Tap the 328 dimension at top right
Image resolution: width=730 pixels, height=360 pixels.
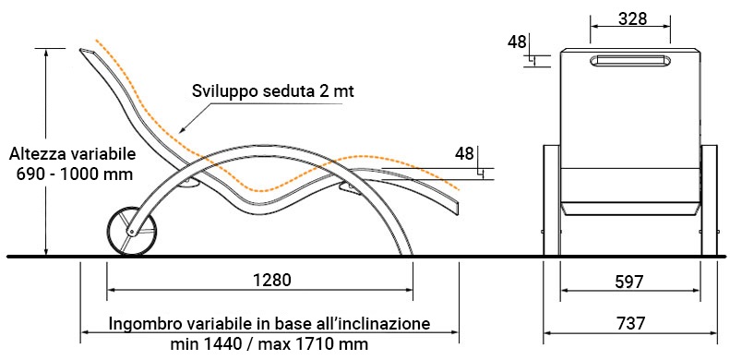pos(631,18)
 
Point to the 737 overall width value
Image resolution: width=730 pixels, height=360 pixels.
pos(632,323)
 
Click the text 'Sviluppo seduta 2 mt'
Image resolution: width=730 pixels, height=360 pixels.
pos(273,91)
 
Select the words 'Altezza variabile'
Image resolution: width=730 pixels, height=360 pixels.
pos(70,153)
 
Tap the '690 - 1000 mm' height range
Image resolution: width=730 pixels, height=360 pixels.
pos(70,173)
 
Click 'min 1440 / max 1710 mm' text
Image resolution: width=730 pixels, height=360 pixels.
pos(269,343)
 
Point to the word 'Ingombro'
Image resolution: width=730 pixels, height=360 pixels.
pos(140,325)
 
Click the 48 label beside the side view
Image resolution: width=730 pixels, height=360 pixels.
pos(464,153)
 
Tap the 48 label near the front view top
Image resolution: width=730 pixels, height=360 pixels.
pos(517,41)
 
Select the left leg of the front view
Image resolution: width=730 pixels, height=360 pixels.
pos(552,198)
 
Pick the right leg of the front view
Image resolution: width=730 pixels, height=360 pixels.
pos(709,198)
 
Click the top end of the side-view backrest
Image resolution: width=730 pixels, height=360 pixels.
pos(85,51)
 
